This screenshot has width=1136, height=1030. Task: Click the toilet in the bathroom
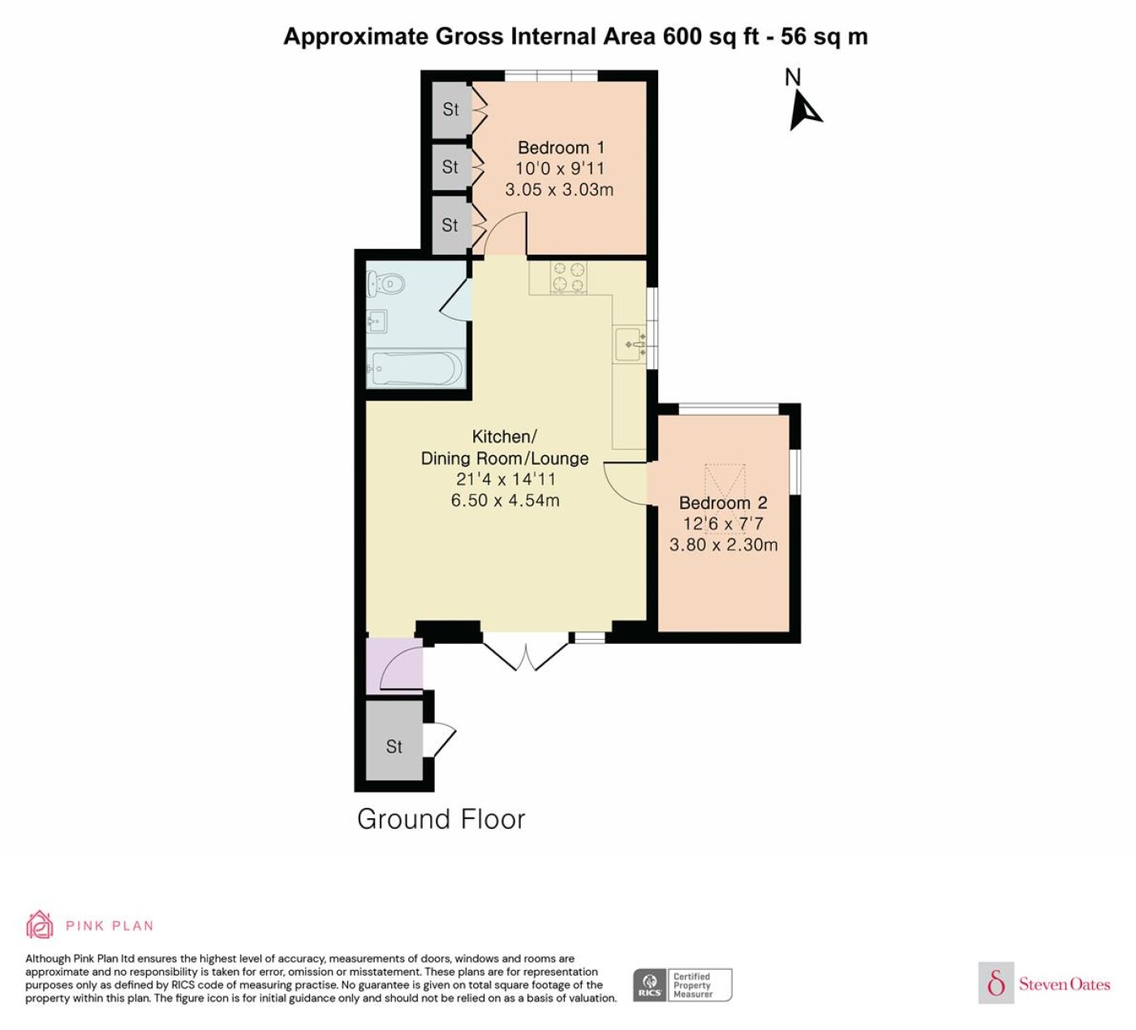pos(385,283)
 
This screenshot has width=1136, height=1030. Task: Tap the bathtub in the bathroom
pos(415,369)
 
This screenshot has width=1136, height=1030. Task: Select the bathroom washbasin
pos(377,321)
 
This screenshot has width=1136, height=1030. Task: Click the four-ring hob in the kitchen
pos(568,277)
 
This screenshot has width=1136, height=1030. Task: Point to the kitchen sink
pos(630,344)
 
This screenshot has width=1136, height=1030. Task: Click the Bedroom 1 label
pos(562,148)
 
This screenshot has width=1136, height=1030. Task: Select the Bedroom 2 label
pos(723,502)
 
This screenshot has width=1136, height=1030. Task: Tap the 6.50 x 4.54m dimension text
pos(506,500)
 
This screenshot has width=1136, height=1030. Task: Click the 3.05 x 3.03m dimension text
pos(559,190)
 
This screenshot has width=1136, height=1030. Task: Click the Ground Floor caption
pos(441,819)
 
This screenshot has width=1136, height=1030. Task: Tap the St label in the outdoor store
pos(394,746)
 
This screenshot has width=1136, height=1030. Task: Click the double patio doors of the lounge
pos(526,654)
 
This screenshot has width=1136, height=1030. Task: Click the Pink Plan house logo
pos(40,925)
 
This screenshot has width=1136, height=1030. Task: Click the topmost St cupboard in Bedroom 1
pos(451,109)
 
